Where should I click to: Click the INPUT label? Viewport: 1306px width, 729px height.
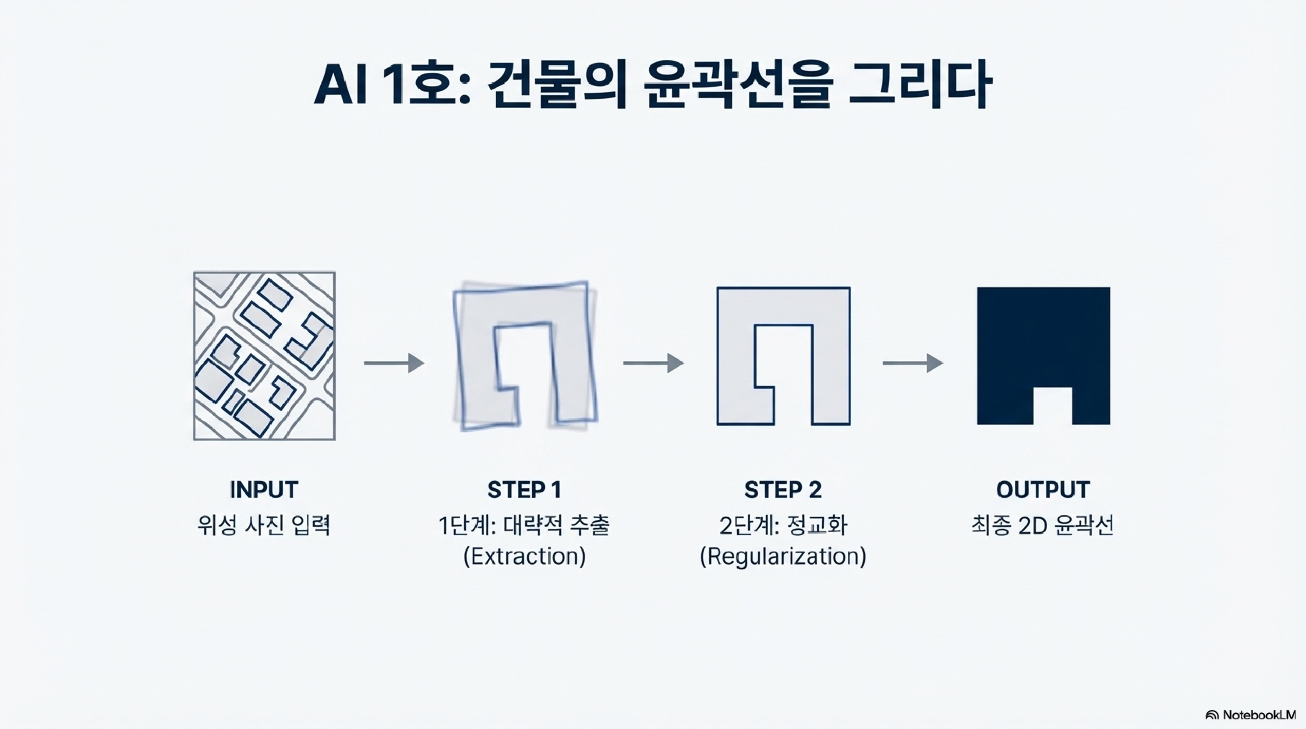click(x=264, y=490)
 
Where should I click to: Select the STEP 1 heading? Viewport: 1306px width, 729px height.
click(x=524, y=490)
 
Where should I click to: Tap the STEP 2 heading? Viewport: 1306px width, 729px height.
click(x=783, y=490)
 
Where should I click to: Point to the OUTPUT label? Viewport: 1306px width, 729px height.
click(x=1042, y=490)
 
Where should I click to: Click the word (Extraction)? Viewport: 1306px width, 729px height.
click(x=524, y=556)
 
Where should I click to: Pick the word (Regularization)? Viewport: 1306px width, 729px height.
click(x=783, y=556)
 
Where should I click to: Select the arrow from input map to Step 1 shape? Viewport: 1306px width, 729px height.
click(x=394, y=363)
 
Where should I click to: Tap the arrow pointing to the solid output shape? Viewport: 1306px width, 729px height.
click(x=913, y=363)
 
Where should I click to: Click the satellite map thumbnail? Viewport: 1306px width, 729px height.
click(x=264, y=356)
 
